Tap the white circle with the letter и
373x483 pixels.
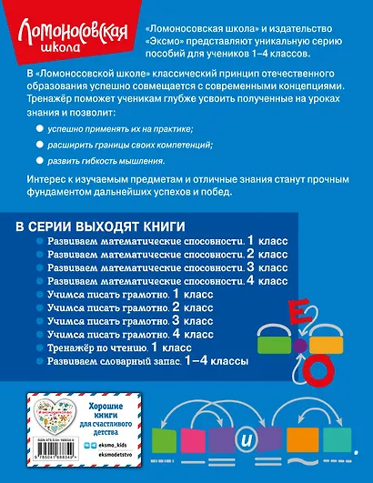click(272, 435)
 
